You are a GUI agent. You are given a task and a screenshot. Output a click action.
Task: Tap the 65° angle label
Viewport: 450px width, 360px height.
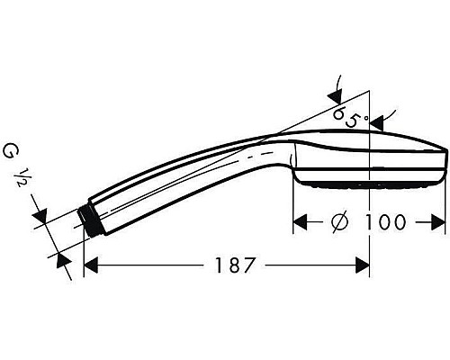(x=350, y=116)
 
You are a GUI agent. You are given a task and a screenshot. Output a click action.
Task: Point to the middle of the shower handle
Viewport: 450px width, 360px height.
(x=180, y=175)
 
